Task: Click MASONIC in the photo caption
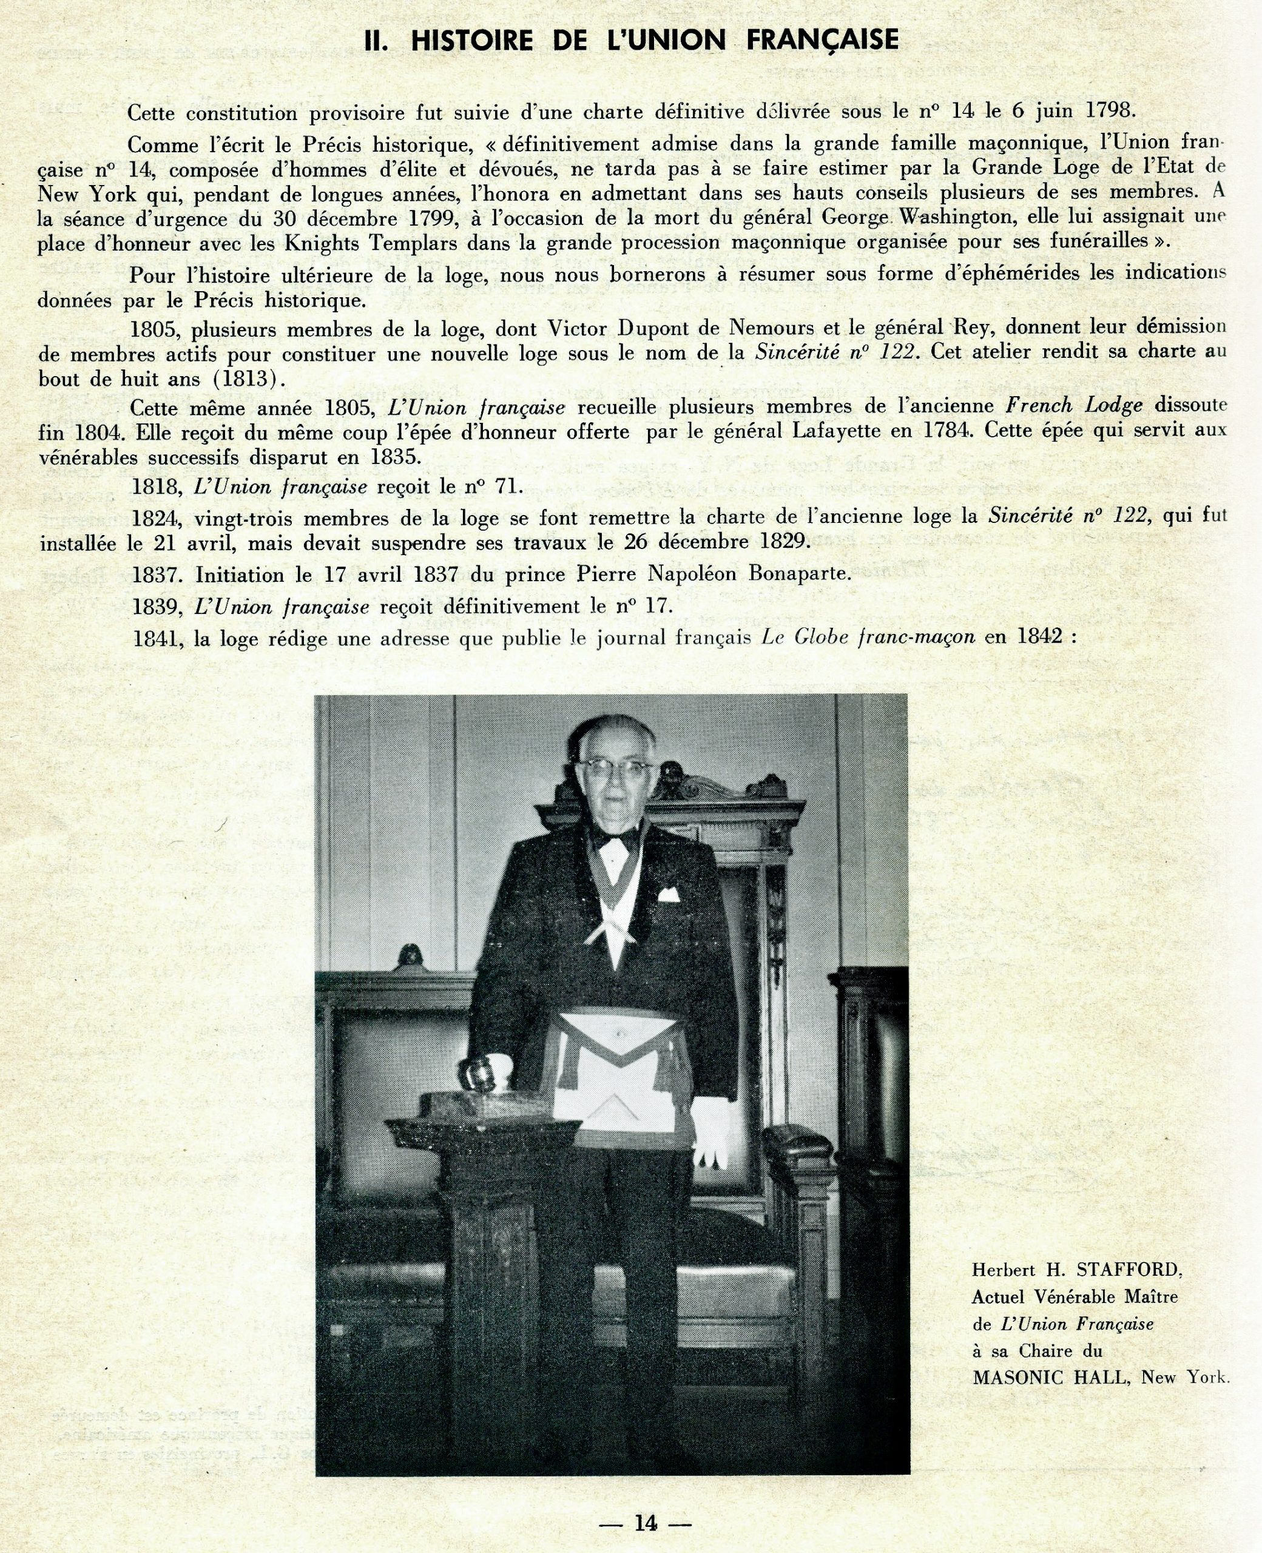pos(1019,1377)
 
